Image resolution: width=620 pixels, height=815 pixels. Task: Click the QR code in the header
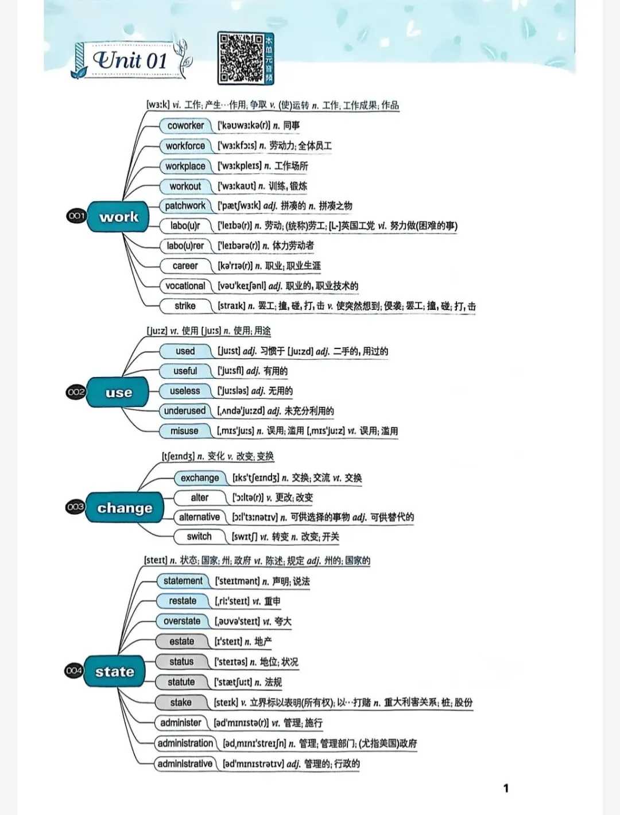(x=241, y=58)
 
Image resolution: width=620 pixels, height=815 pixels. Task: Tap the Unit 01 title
(x=130, y=60)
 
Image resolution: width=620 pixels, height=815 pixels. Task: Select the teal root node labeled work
(x=119, y=217)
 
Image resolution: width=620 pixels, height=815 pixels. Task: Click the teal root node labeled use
(x=118, y=393)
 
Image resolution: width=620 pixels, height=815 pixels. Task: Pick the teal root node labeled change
(x=125, y=508)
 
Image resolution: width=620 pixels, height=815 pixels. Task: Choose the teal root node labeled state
(x=114, y=672)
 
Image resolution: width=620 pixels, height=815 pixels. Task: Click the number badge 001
(x=76, y=216)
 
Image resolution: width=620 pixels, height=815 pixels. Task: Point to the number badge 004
(x=74, y=670)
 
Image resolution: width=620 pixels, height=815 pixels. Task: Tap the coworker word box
(x=185, y=125)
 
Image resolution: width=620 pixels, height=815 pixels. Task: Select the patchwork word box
(x=185, y=205)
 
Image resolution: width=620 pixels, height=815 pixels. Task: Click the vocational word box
(x=185, y=286)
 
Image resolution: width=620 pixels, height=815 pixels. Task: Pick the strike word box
(x=185, y=306)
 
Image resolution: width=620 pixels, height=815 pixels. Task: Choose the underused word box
(x=184, y=411)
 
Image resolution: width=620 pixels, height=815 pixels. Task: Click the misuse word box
(x=184, y=431)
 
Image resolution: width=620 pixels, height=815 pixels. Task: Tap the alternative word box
(x=199, y=517)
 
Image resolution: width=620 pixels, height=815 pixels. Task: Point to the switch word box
(x=199, y=537)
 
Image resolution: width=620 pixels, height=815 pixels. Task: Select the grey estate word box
(x=181, y=642)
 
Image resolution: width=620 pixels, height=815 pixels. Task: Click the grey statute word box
(x=181, y=682)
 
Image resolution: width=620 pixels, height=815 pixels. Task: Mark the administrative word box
(x=185, y=764)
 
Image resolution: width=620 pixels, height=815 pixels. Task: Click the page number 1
(x=506, y=789)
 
